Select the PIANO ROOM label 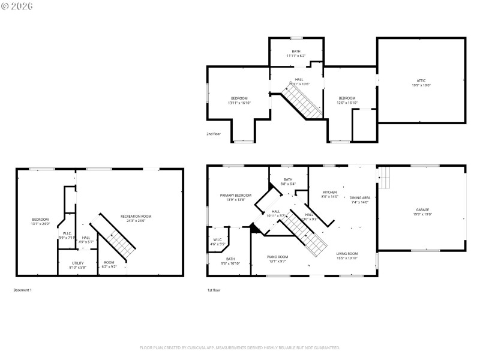pos(277,257)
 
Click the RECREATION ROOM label pos(136,216)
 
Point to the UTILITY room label pos(77,263)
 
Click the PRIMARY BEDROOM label pos(235,195)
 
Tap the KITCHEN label pos(330,192)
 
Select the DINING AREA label pos(360,197)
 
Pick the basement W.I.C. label pos(66,233)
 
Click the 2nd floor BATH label pos(296,51)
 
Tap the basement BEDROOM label pos(40,220)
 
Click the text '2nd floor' pos(214,134)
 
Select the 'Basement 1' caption pos(22,290)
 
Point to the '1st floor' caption pos(213,290)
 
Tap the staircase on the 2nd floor pos(303,101)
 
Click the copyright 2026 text pos(17,6)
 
